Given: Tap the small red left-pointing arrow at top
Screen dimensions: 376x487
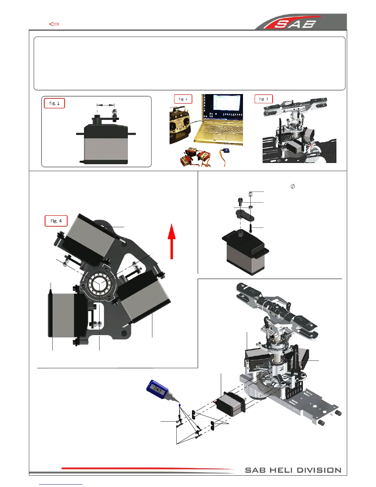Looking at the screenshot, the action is [x=54, y=24].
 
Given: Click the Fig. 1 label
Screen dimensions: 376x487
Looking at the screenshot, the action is [x=54, y=103].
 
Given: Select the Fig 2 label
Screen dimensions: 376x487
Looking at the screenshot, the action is [x=183, y=99].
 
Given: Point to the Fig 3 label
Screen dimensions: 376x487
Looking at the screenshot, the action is [x=264, y=99].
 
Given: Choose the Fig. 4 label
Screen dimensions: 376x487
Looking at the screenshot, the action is [x=56, y=221].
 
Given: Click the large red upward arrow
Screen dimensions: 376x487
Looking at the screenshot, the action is [x=171, y=241].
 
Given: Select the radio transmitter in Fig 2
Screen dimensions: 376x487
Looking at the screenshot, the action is [x=180, y=126].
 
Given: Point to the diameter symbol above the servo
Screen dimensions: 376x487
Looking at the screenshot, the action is [x=293, y=186].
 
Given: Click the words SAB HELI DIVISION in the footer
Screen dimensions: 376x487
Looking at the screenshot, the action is [x=293, y=470].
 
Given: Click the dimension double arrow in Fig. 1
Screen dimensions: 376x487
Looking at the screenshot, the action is [x=106, y=105].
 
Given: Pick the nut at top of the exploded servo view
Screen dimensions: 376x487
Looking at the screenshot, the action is [x=251, y=194].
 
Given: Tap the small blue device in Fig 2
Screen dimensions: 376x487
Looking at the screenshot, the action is [x=226, y=151].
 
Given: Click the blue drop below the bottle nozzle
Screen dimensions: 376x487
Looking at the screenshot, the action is [x=179, y=405].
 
